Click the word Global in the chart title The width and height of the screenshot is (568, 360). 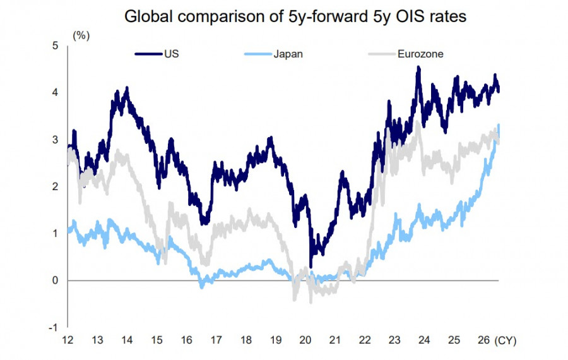[148, 16]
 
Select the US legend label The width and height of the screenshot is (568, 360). [171, 54]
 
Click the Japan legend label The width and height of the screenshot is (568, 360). [288, 54]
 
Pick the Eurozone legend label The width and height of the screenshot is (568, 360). [420, 54]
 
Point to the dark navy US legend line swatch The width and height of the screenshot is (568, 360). [148, 54]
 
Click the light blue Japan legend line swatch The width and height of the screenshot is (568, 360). [258, 54]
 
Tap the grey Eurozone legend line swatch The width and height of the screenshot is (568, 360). [382, 54]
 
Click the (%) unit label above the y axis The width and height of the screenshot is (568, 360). [81, 35]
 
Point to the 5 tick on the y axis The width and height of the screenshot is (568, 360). [55, 45]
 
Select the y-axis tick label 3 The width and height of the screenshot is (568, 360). [55, 140]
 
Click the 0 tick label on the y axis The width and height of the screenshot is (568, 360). [55, 280]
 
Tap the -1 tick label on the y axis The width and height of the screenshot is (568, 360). [53, 327]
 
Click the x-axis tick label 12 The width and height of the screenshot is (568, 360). [68, 340]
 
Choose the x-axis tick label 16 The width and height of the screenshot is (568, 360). [187, 340]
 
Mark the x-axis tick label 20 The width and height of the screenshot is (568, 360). [305, 340]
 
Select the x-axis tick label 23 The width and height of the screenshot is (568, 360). [394, 340]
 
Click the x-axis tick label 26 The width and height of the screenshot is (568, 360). [483, 340]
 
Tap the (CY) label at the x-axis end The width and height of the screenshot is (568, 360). [506, 340]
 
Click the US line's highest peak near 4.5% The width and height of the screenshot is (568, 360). [419, 67]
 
